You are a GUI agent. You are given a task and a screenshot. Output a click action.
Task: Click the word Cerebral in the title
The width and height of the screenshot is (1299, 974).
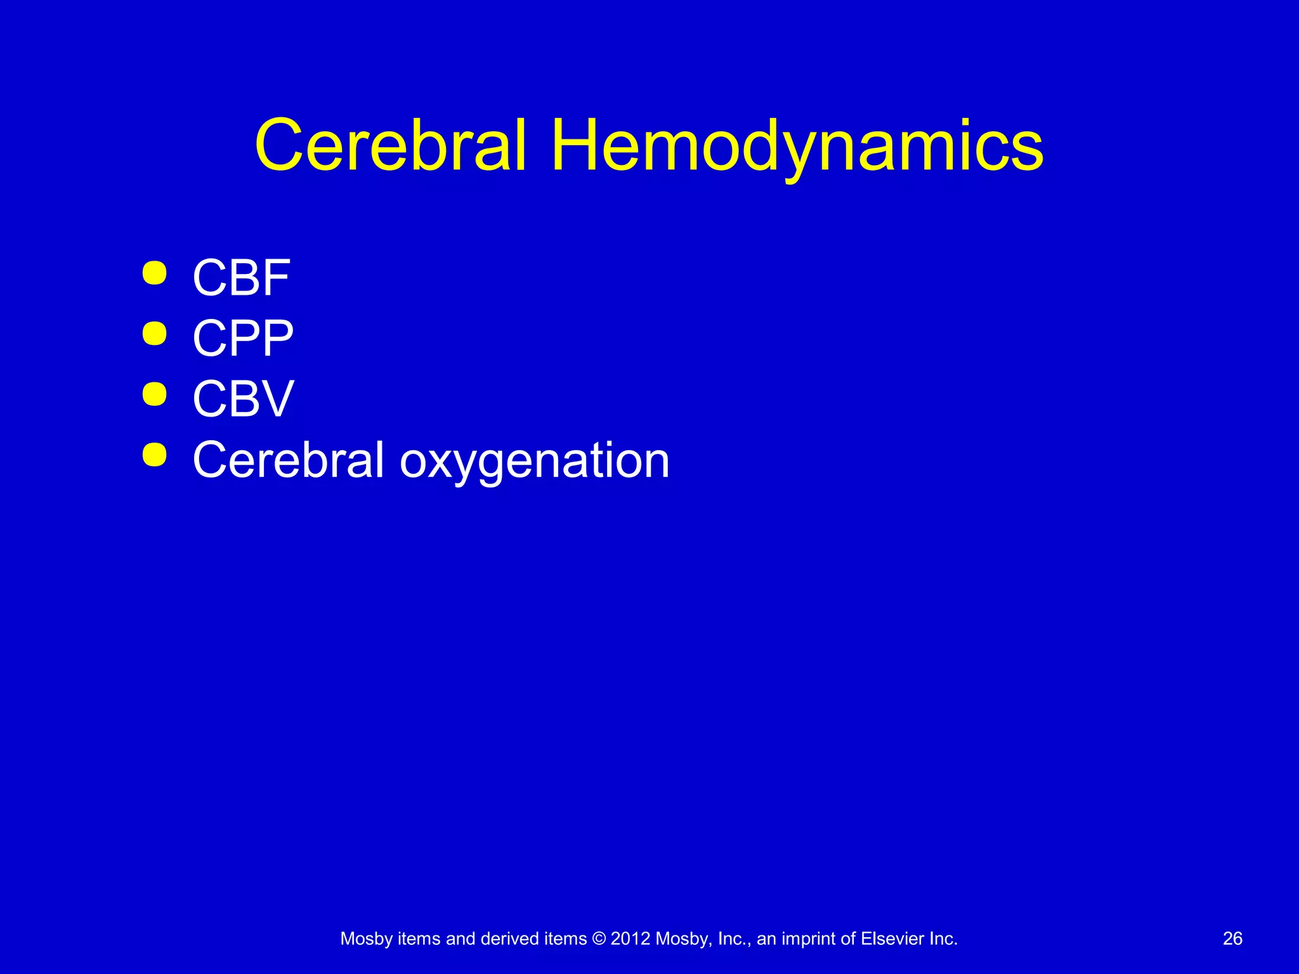(x=390, y=147)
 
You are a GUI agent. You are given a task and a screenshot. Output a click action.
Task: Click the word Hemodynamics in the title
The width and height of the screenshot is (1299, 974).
(x=797, y=147)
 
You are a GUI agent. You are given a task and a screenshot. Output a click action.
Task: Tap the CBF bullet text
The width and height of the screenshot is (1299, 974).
(x=241, y=278)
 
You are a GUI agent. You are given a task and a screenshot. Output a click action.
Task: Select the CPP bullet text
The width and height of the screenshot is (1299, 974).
(x=243, y=338)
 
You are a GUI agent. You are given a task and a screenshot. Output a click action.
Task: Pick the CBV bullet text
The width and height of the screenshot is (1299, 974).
(x=243, y=399)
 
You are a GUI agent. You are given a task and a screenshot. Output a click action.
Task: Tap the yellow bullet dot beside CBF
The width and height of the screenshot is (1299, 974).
(x=155, y=273)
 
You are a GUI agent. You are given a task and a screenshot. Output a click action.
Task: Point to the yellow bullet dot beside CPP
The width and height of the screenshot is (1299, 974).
(x=155, y=334)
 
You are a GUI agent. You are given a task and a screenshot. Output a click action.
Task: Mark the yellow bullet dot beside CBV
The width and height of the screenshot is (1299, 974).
(x=155, y=394)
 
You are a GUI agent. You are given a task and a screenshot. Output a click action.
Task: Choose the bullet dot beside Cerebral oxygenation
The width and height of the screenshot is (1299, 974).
(x=155, y=455)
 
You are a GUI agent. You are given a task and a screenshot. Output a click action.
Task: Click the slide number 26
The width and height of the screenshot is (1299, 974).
(x=1232, y=938)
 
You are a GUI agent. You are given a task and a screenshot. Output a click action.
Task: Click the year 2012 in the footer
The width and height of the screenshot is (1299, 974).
(x=630, y=938)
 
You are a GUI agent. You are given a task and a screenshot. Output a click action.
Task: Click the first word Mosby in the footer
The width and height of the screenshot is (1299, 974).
(x=366, y=939)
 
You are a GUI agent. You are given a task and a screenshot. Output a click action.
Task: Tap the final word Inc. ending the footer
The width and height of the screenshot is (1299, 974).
(x=943, y=938)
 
